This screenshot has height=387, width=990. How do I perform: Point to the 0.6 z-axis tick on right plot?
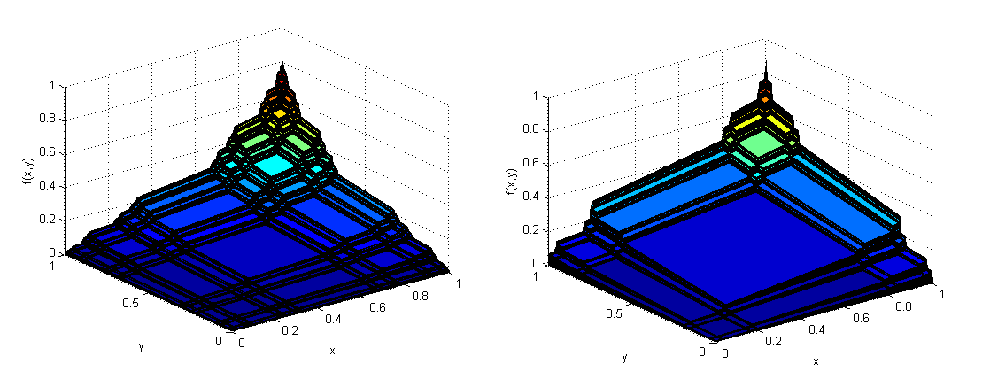pos(536,164)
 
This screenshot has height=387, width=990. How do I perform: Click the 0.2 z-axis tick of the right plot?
pos(536,230)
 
